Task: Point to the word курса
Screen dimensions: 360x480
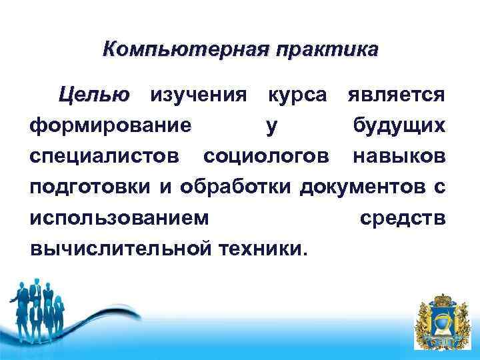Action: click(297, 95)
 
